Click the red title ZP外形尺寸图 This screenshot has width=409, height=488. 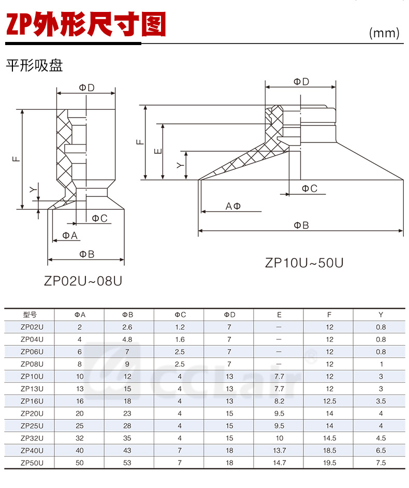(85, 24)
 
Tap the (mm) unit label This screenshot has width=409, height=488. (384, 33)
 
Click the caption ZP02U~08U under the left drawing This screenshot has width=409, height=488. (83, 281)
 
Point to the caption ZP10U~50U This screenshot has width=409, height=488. (304, 262)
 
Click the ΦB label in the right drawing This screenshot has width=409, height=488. (301, 225)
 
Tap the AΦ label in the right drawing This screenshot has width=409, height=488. (233, 206)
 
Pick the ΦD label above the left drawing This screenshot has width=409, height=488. (87, 88)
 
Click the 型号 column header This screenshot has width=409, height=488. (31, 314)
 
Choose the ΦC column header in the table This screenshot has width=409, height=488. (180, 314)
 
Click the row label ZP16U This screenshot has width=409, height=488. (31, 401)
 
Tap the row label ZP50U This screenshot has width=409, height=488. (31, 463)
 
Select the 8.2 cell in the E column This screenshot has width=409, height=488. (279, 401)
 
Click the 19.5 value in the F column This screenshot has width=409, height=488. (329, 463)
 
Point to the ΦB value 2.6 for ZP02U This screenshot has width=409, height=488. (127, 327)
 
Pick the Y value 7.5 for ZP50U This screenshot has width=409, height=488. (381, 463)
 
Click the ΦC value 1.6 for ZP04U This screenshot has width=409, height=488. (180, 339)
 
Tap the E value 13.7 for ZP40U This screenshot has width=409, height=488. (279, 450)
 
